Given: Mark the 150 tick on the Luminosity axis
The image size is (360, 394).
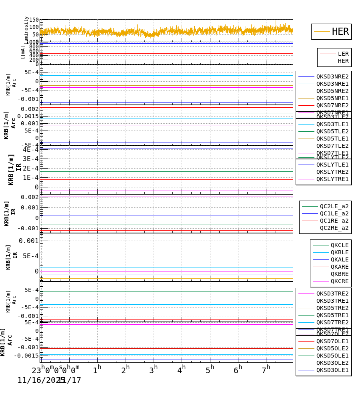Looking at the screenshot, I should click(x=34, y=20).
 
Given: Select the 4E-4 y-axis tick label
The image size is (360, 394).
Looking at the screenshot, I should click(x=31, y=149).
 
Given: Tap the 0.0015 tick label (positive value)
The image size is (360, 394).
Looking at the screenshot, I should click(x=28, y=116).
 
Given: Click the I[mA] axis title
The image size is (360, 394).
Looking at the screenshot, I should click(x=23, y=52).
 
